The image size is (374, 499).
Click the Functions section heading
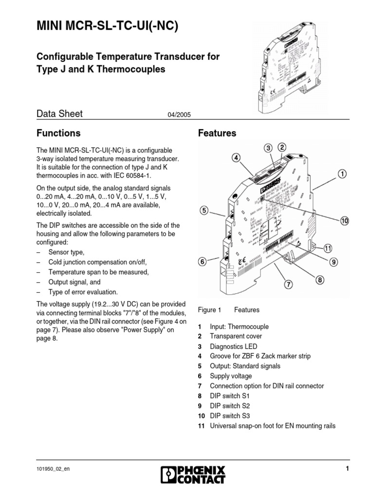click(x=59, y=133)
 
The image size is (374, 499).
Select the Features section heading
click(x=217, y=133)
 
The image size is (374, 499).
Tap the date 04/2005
click(x=179, y=115)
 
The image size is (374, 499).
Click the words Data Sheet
click(x=60, y=114)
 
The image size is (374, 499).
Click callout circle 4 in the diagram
click(x=236, y=158)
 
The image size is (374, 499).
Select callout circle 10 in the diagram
click(x=345, y=221)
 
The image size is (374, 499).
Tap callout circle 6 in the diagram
click(x=202, y=262)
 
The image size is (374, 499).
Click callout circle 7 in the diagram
click(x=288, y=284)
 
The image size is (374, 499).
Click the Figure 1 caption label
click(x=210, y=310)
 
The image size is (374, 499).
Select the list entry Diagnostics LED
click(x=233, y=346)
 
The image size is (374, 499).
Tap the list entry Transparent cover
click(x=236, y=337)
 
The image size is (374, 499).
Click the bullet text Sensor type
click(x=66, y=252)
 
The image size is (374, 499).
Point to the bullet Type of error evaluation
click(x=83, y=292)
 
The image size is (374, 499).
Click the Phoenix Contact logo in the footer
click(x=193, y=474)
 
